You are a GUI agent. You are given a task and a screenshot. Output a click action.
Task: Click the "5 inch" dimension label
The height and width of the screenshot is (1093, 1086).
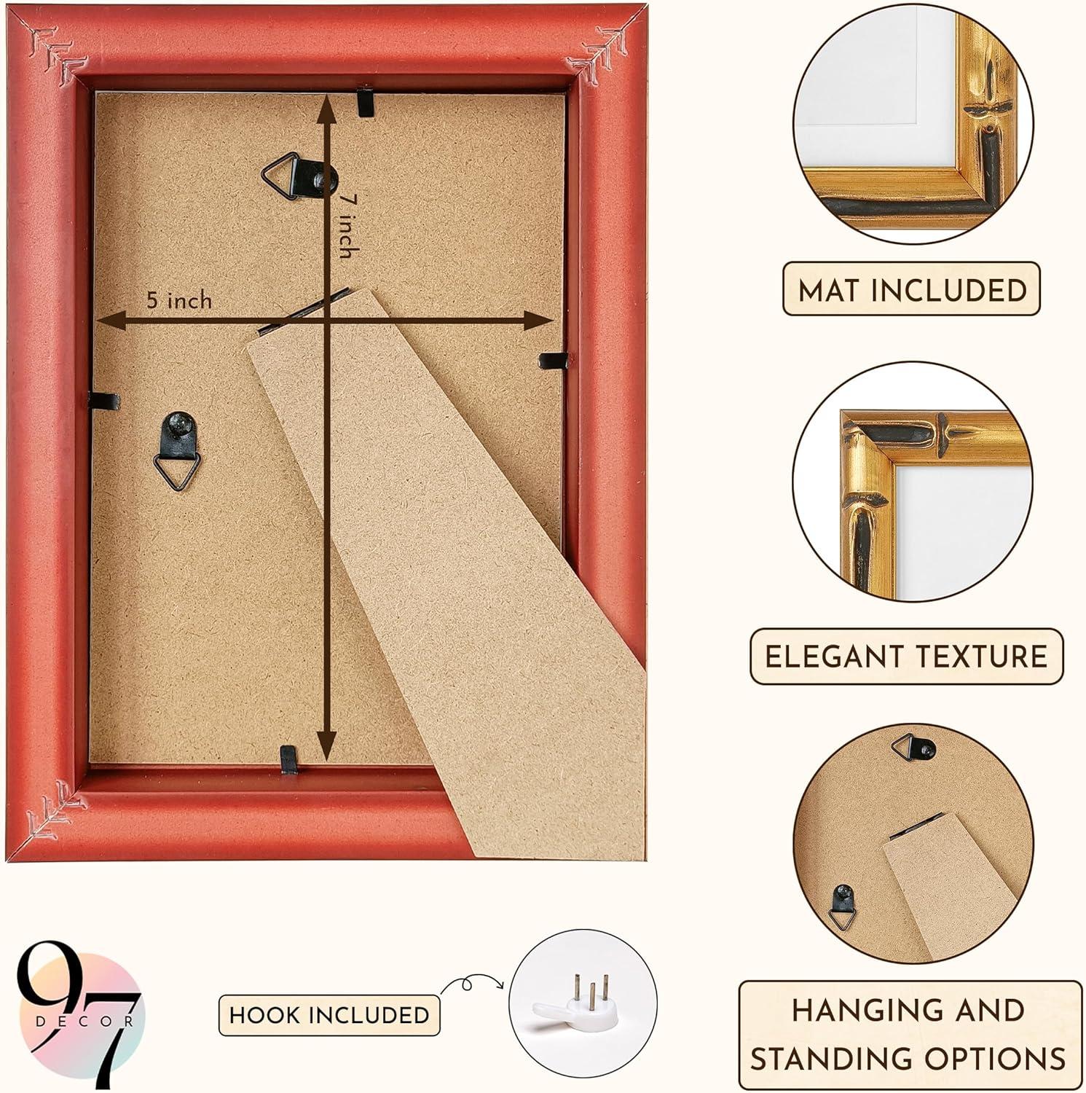(179, 299)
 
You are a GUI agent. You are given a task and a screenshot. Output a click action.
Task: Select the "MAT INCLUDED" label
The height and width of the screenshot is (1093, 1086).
(912, 289)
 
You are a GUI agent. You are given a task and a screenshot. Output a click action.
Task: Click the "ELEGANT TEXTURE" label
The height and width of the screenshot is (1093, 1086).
(906, 656)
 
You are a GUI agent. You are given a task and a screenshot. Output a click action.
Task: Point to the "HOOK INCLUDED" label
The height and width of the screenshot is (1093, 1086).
(329, 1014)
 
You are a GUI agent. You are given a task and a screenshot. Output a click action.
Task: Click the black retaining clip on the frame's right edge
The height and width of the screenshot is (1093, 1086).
(553, 359)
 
